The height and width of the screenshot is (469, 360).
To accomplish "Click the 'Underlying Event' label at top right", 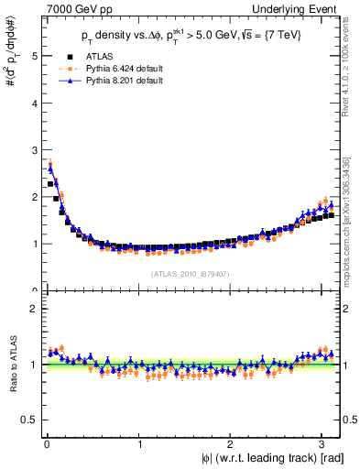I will click(x=298, y=8).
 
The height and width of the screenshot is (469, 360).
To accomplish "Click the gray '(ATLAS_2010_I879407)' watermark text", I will click(x=190, y=273).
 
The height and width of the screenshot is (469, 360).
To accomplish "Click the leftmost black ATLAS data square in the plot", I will click(x=50, y=184).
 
